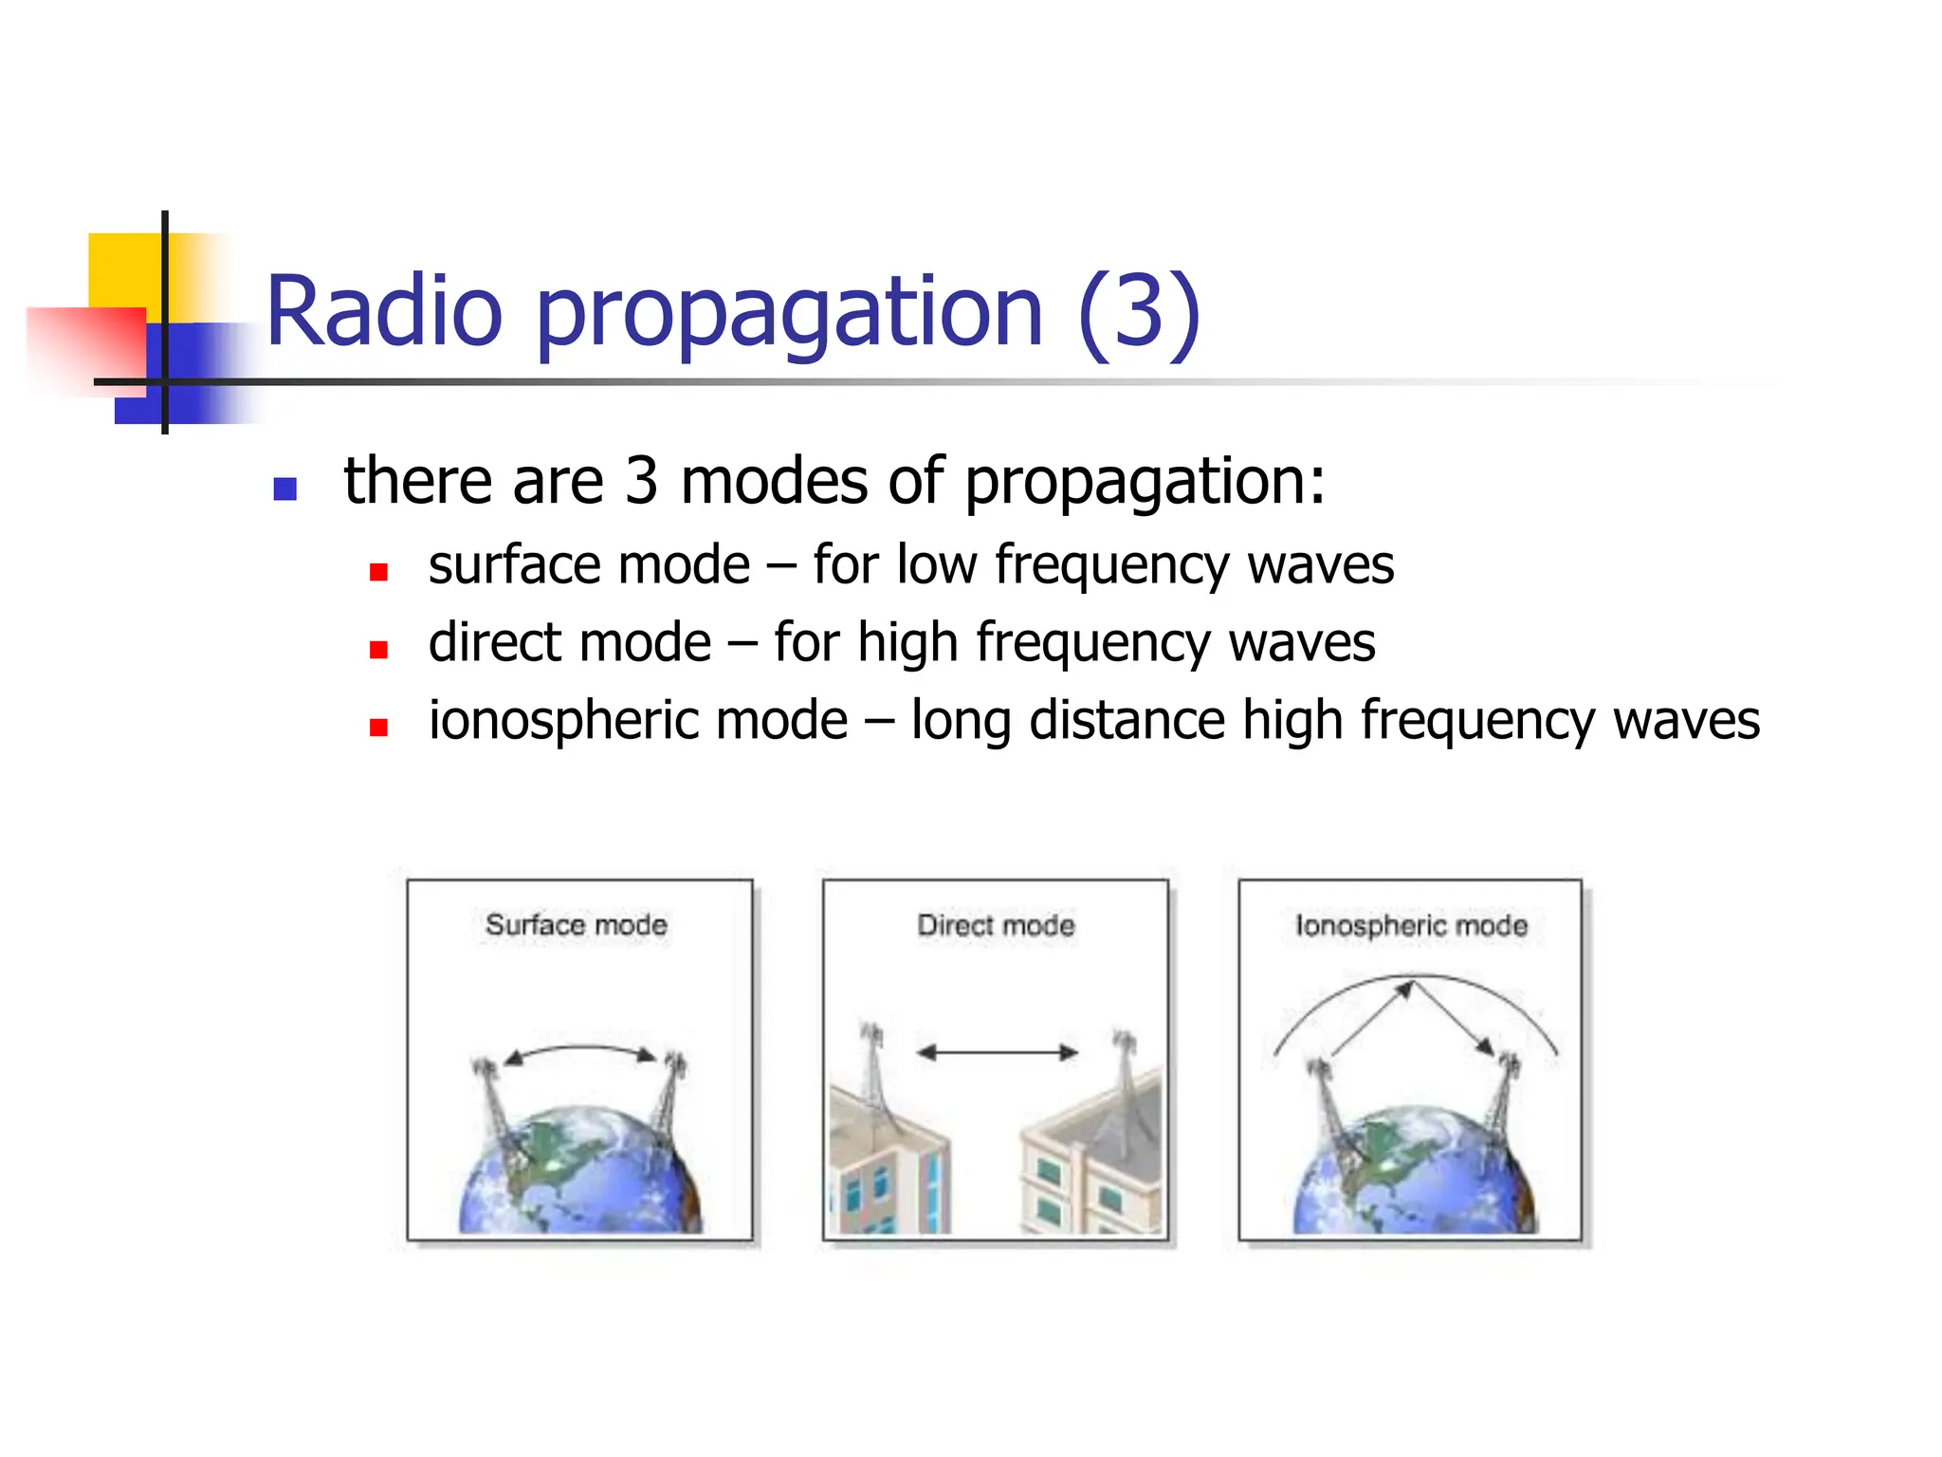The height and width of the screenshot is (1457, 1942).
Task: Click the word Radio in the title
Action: click(384, 311)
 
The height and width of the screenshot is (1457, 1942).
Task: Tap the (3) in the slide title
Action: click(1140, 313)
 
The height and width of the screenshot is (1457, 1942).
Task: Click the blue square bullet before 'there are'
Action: click(284, 489)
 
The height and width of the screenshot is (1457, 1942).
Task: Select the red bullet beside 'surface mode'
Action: click(378, 571)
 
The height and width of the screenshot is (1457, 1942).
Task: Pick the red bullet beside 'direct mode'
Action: click(378, 650)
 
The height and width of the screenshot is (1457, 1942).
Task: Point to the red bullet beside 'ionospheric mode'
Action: click(378, 728)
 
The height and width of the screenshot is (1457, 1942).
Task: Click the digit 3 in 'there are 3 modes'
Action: click(641, 481)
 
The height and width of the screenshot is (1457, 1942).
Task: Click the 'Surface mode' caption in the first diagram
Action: click(577, 924)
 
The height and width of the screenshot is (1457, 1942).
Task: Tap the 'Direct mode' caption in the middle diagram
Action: click(996, 925)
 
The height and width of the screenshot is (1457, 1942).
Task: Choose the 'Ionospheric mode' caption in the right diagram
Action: click(1411, 925)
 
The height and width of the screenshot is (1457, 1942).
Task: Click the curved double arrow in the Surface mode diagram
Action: click(579, 1049)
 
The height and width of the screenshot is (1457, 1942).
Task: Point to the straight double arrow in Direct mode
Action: click(998, 1052)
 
